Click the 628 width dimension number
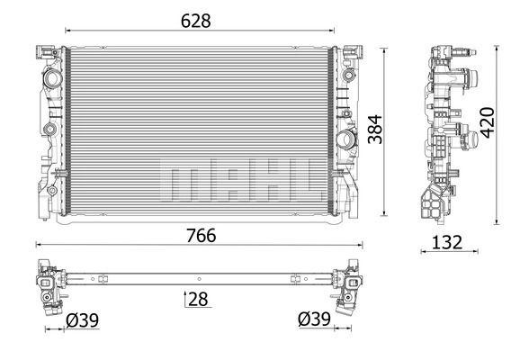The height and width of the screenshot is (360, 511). (196, 21)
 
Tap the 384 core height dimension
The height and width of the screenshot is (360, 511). (375, 129)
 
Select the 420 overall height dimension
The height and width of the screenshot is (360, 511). (488, 122)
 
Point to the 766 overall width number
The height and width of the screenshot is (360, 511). (202, 236)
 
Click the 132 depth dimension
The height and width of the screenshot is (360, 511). (447, 243)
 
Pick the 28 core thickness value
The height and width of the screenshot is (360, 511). (198, 299)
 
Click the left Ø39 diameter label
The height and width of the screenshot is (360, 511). (83, 320)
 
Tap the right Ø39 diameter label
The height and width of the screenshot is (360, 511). (314, 319)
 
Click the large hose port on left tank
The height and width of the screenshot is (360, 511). (51, 78)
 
